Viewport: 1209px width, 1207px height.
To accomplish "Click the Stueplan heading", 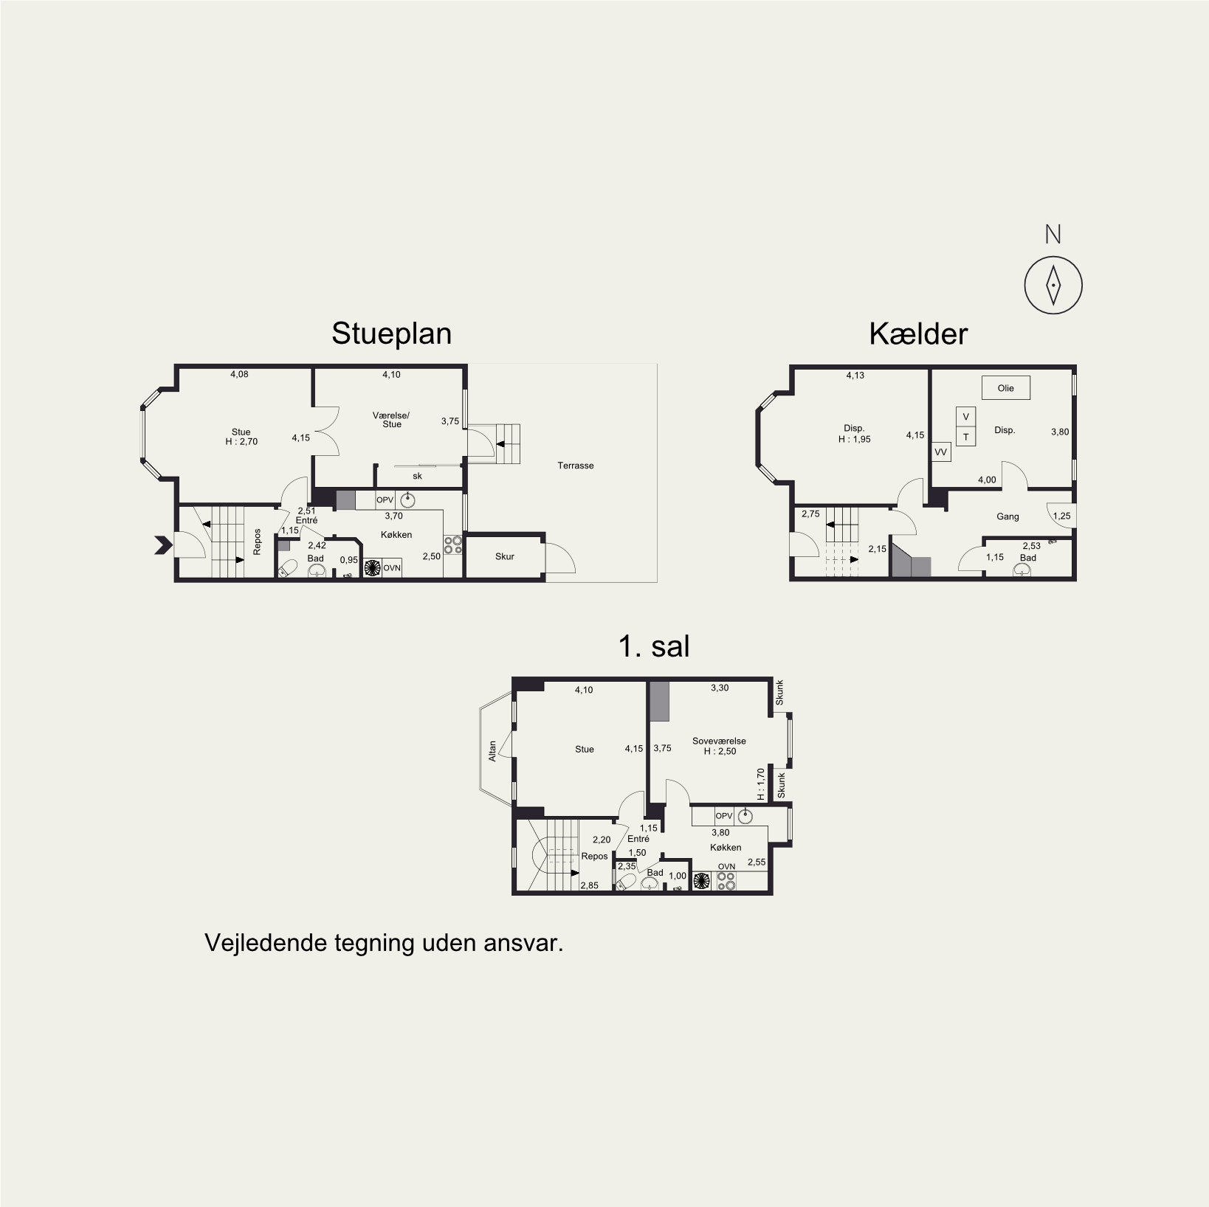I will click(391, 333).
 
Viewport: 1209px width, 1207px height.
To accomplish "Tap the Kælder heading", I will click(917, 334).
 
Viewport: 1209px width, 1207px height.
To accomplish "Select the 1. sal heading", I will click(654, 646).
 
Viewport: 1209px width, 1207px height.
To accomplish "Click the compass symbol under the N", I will click(1053, 285).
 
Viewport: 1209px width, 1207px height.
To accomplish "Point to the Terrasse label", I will click(575, 466).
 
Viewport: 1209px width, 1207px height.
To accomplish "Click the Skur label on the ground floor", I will click(505, 556).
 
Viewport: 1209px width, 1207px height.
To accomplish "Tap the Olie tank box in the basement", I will click(1005, 388).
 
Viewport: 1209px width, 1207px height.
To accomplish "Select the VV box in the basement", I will click(940, 452).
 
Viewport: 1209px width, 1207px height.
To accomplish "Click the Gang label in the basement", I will click(1008, 516).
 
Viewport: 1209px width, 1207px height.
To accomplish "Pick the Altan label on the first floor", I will click(492, 751).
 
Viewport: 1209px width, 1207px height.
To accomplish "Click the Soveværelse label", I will click(719, 741).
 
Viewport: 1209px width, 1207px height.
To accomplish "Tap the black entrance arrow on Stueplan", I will click(163, 545).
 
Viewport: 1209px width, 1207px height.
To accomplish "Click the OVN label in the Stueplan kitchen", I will click(392, 567).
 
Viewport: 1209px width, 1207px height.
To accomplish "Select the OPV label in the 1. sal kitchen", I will click(723, 815).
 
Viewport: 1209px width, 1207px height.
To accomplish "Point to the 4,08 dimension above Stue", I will click(239, 374).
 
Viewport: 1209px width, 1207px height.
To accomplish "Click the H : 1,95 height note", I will click(854, 439).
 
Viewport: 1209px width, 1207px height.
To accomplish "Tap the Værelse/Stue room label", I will click(391, 420).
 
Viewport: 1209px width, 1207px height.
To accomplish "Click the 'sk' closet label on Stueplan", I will click(417, 476).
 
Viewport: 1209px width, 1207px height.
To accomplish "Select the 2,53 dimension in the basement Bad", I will click(1031, 546).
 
